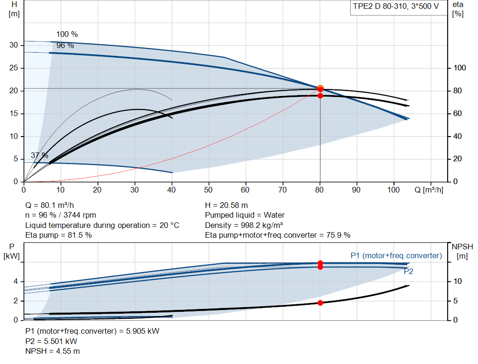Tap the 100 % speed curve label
point(67,34)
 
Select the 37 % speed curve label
point(40,155)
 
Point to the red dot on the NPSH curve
point(320,302)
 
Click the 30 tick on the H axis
point(14,45)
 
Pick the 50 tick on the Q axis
point(208,190)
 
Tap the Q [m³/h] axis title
point(429,190)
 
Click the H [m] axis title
point(14,9)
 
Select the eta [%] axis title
point(458,9)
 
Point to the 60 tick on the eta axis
point(457,114)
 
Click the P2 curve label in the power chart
point(408,271)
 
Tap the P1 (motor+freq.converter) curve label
point(396,256)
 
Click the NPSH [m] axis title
point(462,251)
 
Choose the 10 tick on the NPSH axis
point(457,281)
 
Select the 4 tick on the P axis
point(15,281)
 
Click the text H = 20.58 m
point(226,205)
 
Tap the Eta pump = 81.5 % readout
point(58,235)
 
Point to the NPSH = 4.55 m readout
point(52,351)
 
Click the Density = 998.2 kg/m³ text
point(244,225)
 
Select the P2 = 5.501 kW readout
point(51,341)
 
